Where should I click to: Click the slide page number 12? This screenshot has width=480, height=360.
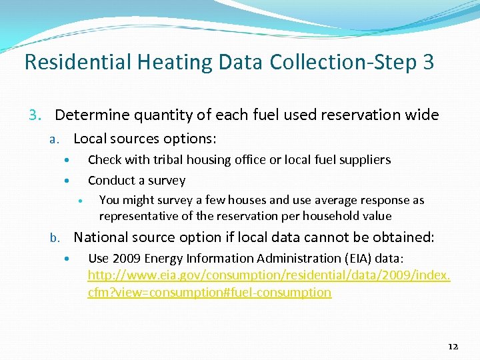click(453, 346)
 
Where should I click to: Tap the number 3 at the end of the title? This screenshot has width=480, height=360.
click(427, 62)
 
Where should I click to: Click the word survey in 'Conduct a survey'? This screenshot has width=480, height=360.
click(169, 181)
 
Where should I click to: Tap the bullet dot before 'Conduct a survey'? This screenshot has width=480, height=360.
click(66, 181)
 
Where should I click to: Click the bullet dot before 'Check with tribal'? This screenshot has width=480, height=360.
click(66, 161)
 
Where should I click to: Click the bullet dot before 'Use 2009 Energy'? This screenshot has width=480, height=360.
click(66, 259)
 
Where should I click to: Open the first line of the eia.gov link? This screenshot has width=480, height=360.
click(269, 275)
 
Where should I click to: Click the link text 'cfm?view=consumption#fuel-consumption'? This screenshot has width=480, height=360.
click(209, 292)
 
